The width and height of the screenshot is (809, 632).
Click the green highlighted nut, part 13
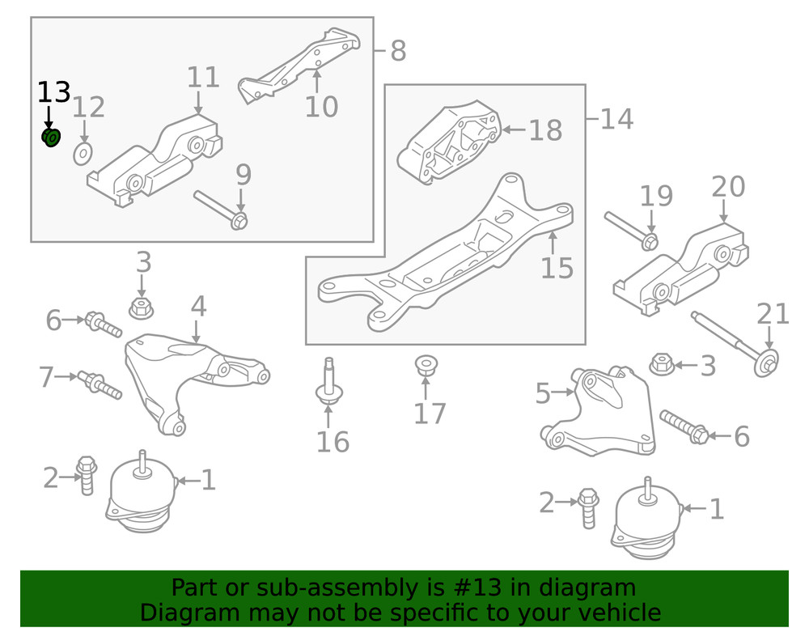[52, 138]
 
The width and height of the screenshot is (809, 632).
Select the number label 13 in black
[54, 92]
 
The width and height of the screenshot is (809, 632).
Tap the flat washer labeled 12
[82, 154]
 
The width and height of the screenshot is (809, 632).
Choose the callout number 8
[398, 52]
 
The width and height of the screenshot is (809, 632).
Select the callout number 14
[616, 120]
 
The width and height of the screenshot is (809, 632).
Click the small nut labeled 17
[424, 366]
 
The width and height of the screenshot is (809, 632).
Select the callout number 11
[203, 78]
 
